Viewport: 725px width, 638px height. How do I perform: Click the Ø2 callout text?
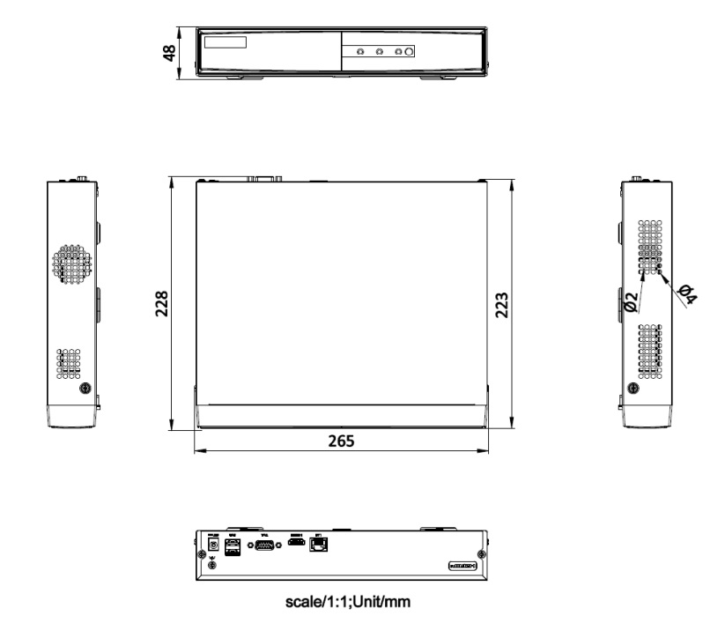pos(631,303)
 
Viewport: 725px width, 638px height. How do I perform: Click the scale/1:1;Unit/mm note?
pos(341,603)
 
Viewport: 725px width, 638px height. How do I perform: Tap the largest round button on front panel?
pos(409,53)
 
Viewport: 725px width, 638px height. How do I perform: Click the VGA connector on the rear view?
pos(263,548)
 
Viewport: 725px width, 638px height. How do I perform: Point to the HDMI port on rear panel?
pos(296,546)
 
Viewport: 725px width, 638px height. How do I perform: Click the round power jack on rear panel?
pos(212,547)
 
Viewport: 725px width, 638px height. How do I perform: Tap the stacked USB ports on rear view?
pos(233,549)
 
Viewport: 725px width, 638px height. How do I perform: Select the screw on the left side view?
pos(85,389)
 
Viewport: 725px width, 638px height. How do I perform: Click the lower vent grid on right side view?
pos(649,350)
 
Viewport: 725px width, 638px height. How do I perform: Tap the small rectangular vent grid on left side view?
pos(69,363)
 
